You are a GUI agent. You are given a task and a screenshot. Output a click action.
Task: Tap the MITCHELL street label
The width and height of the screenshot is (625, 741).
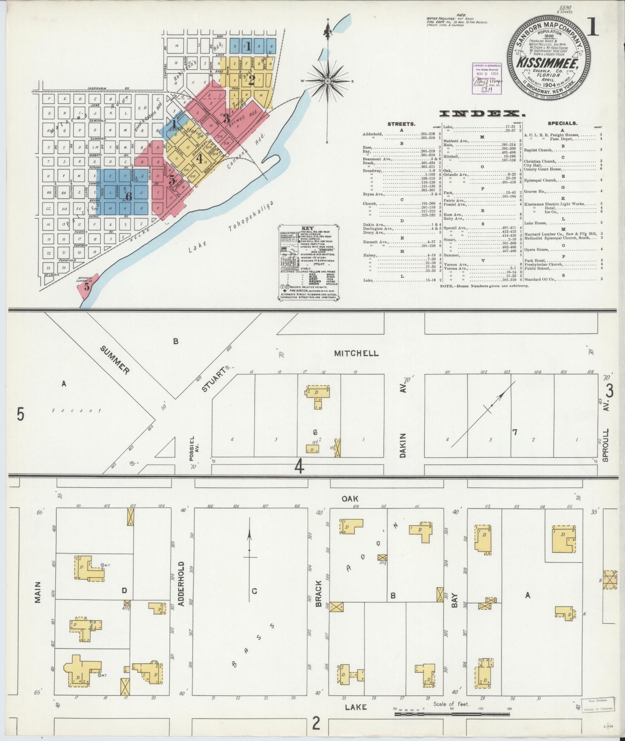coord(356,353)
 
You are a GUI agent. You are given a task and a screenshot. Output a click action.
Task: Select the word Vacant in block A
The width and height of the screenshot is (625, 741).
coord(77,411)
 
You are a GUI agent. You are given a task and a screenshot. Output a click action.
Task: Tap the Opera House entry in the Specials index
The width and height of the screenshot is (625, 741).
coord(536,249)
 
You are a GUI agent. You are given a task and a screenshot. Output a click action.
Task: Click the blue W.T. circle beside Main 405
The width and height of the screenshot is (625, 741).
coord(102,565)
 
